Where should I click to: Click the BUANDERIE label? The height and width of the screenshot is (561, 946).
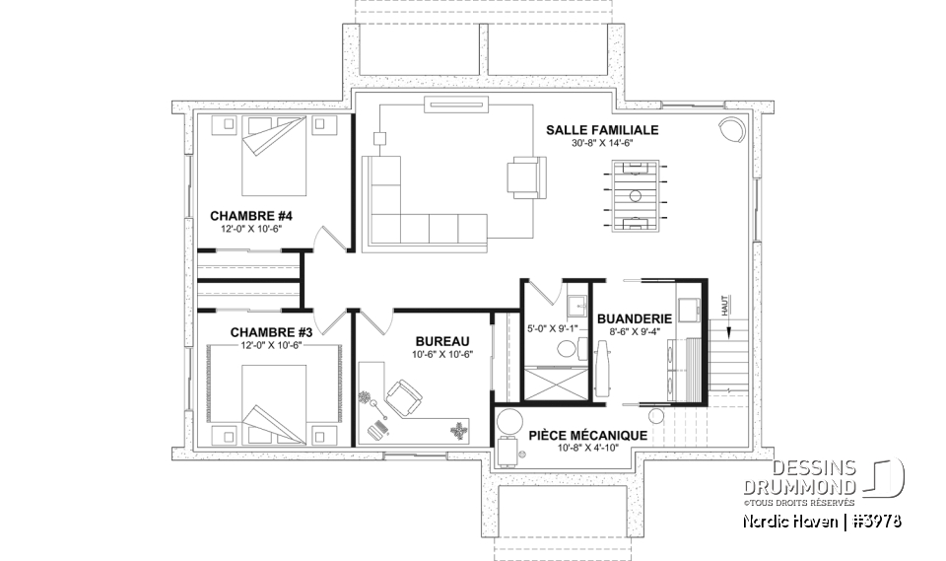click(x=634, y=318)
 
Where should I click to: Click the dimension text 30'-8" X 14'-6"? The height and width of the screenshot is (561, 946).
click(x=600, y=143)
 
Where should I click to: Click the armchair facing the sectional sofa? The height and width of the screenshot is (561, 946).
click(x=524, y=177)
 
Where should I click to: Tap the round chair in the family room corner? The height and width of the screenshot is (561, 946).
click(x=732, y=130)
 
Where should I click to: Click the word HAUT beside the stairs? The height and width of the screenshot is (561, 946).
click(x=727, y=308)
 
